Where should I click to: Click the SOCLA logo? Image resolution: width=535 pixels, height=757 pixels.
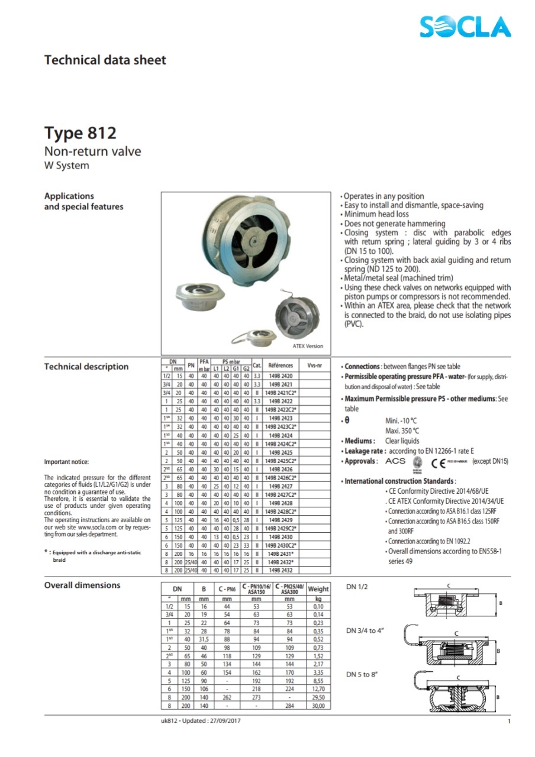[x=465, y=27]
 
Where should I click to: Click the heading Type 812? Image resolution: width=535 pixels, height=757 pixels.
[x=80, y=133]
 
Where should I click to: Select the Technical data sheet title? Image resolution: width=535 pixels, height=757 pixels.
[x=105, y=60]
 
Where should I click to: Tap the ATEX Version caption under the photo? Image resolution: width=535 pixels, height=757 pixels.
[x=308, y=346]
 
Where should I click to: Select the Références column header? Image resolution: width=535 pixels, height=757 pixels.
[x=280, y=365]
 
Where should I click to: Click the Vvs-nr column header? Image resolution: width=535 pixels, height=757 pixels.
[x=314, y=365]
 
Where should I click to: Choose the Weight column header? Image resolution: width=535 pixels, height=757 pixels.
[x=318, y=589]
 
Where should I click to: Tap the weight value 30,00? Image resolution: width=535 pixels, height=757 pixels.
[x=318, y=706]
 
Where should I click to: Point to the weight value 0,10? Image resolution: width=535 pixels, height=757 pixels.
[x=318, y=606]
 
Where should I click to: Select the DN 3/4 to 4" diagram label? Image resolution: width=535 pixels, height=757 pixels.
[x=365, y=630]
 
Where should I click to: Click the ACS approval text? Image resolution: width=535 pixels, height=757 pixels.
[x=395, y=461]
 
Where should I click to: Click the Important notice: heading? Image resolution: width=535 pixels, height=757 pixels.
[x=67, y=462]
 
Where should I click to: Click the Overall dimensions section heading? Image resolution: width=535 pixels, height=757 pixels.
[x=82, y=585]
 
